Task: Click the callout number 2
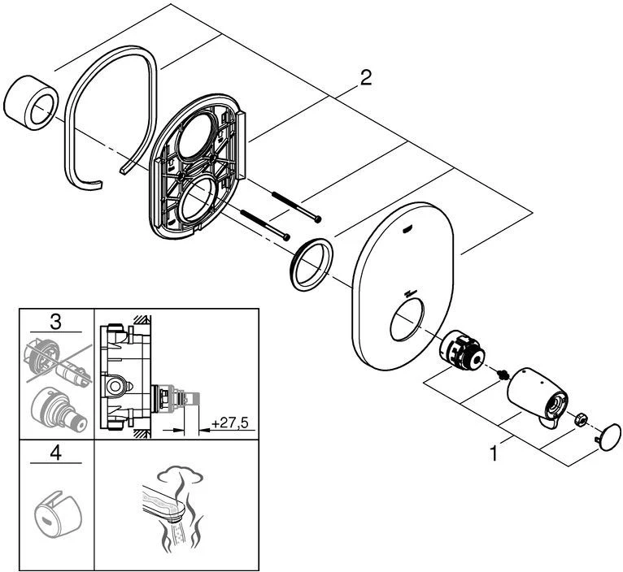[365, 78]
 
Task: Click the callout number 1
[494, 453]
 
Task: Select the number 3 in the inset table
[55, 321]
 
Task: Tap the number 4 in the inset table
[55, 453]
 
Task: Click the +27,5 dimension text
[229, 423]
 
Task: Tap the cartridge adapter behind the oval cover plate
[463, 351]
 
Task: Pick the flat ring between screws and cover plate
[311, 265]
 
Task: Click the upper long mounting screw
[296, 207]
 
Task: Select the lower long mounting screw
[265, 225]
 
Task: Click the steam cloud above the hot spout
[180, 474]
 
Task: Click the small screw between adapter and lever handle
[502, 374]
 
